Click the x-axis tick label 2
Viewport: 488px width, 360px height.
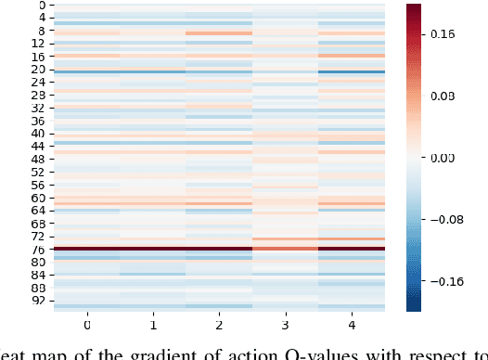[x=219, y=327]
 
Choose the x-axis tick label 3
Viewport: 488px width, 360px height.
[x=285, y=327]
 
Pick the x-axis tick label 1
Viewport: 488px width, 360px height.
[x=153, y=327]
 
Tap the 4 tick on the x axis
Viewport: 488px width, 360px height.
[x=351, y=327]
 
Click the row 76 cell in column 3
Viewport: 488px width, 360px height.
[x=285, y=249]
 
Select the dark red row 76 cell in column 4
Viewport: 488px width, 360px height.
[x=351, y=249]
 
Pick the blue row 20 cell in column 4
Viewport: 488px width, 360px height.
[x=351, y=71]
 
